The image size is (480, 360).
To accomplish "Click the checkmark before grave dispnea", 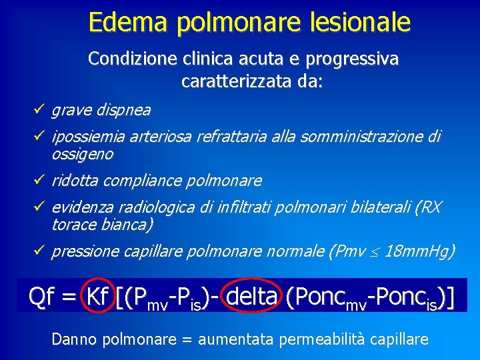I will [41, 109].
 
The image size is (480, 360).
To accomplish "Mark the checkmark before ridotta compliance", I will [41, 180].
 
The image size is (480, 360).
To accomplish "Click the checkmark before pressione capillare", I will [41, 251].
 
